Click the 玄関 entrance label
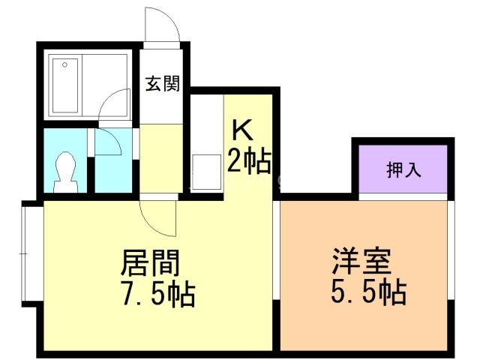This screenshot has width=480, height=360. pos(162,84)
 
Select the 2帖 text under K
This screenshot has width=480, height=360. pos(247,161)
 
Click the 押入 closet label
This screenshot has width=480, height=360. pos(403,170)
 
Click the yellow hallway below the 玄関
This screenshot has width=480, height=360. pos(160,157)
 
